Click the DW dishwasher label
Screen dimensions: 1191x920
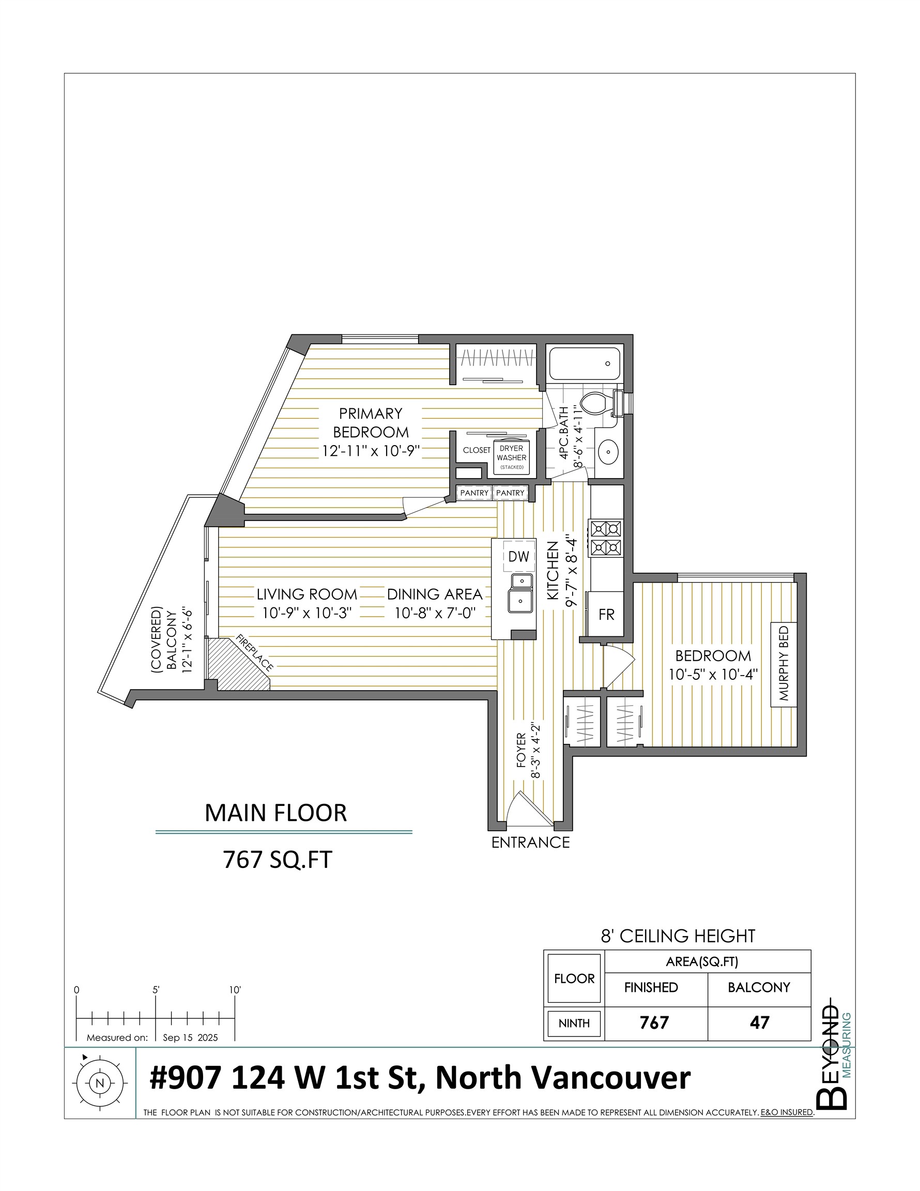coord(518,556)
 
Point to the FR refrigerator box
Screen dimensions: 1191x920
coord(606,615)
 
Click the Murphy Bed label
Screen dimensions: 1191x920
coord(784,663)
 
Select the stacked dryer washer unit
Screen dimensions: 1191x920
coord(512,456)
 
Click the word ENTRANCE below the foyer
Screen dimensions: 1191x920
coord(530,843)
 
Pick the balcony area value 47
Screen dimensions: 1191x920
coord(759,1022)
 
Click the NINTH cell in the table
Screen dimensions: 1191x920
coord(574,1024)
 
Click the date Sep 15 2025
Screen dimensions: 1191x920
coord(190,1038)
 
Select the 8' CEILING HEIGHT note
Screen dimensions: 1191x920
coord(678,936)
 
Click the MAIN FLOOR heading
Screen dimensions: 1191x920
coord(275,813)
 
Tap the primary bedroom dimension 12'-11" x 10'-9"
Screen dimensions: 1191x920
coord(370,451)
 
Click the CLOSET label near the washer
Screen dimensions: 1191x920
coord(477,450)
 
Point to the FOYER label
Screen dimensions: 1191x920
coord(521,750)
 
